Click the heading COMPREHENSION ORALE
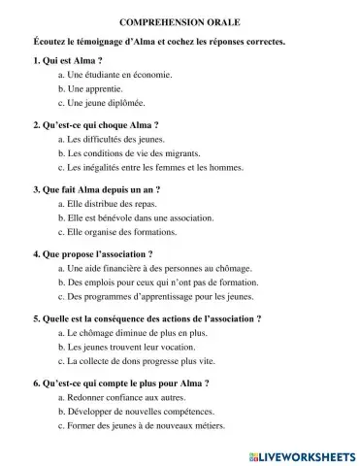(x=180, y=20)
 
